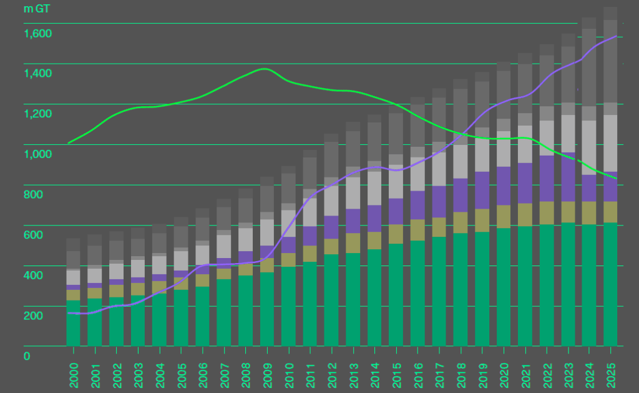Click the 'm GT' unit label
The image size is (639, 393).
coord(37,9)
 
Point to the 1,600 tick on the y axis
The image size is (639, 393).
coord(37,33)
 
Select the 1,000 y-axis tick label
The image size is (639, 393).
coord(37,154)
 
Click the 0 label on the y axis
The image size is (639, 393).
coord(26,356)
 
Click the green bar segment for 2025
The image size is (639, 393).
coord(611,284)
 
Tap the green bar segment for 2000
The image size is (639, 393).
coord(74,323)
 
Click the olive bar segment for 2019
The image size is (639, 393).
coord(482,220)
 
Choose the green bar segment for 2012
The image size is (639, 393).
coord(331,300)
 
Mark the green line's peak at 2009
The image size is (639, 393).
coord(265,69)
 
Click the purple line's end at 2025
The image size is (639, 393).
coord(617,36)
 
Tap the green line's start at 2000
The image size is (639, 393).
coord(68,143)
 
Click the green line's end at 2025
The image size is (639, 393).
coord(617,179)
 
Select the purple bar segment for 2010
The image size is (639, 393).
coord(288,245)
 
